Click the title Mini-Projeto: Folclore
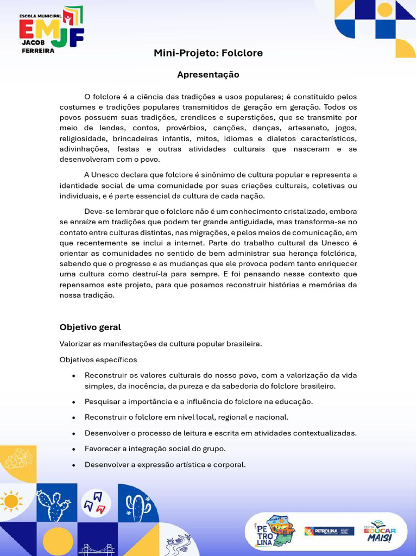click(208, 53)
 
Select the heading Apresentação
click(208, 74)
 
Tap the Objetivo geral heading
click(90, 327)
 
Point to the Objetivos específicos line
click(98, 360)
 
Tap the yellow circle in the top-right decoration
click(385, 9)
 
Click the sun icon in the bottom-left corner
click(11, 500)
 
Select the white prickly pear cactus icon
click(53, 506)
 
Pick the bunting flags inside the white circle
click(96, 502)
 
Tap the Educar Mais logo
click(380, 530)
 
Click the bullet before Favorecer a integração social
click(73, 450)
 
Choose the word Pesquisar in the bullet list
click(103, 402)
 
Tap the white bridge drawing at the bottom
click(96, 549)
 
